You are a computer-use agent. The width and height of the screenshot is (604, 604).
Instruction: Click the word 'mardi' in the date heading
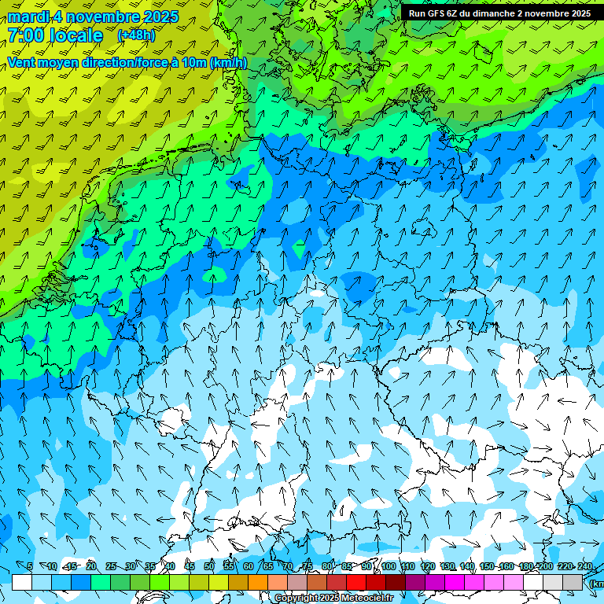coord(28,17)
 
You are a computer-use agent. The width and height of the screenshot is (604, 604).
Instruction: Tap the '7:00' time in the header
coord(25,35)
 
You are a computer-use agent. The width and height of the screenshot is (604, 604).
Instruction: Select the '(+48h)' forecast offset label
coord(136,35)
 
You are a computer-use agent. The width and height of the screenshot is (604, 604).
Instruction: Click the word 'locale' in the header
coord(75,35)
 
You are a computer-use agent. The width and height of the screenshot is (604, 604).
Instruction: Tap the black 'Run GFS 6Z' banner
coord(499,13)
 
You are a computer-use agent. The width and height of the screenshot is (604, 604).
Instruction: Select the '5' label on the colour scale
coord(30,567)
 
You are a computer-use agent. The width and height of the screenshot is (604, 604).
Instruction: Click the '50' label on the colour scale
coord(209,567)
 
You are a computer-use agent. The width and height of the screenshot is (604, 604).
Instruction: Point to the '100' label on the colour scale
coord(389,567)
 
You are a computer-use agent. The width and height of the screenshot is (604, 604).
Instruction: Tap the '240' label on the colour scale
coord(585,567)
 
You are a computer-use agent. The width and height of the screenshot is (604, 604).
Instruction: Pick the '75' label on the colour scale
coord(308,567)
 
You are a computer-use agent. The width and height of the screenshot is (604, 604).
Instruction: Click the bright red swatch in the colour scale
coord(356,582)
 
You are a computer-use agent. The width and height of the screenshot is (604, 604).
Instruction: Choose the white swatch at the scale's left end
coord(22,582)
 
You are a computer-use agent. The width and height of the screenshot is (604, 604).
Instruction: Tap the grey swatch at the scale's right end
coord(573,582)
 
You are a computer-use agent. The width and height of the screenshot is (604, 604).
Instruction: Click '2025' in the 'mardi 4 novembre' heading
coord(160,17)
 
